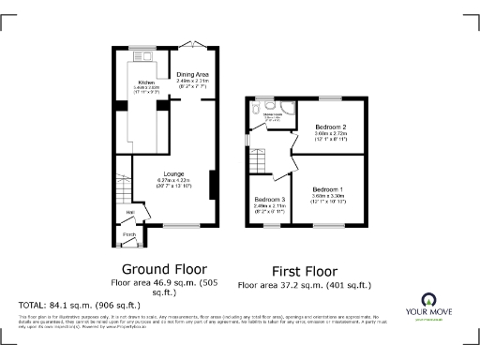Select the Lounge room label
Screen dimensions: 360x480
(x=173, y=173)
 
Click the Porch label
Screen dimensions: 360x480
(x=129, y=234)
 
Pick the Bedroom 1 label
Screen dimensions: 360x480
(x=329, y=188)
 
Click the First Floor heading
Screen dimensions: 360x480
(x=304, y=269)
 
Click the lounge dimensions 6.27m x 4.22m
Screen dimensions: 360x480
(x=173, y=180)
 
